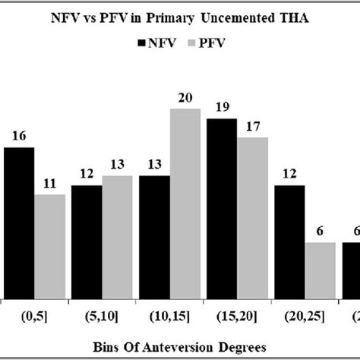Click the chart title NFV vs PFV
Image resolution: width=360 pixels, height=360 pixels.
pos(179,17)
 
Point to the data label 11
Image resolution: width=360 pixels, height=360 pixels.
pos(50,184)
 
